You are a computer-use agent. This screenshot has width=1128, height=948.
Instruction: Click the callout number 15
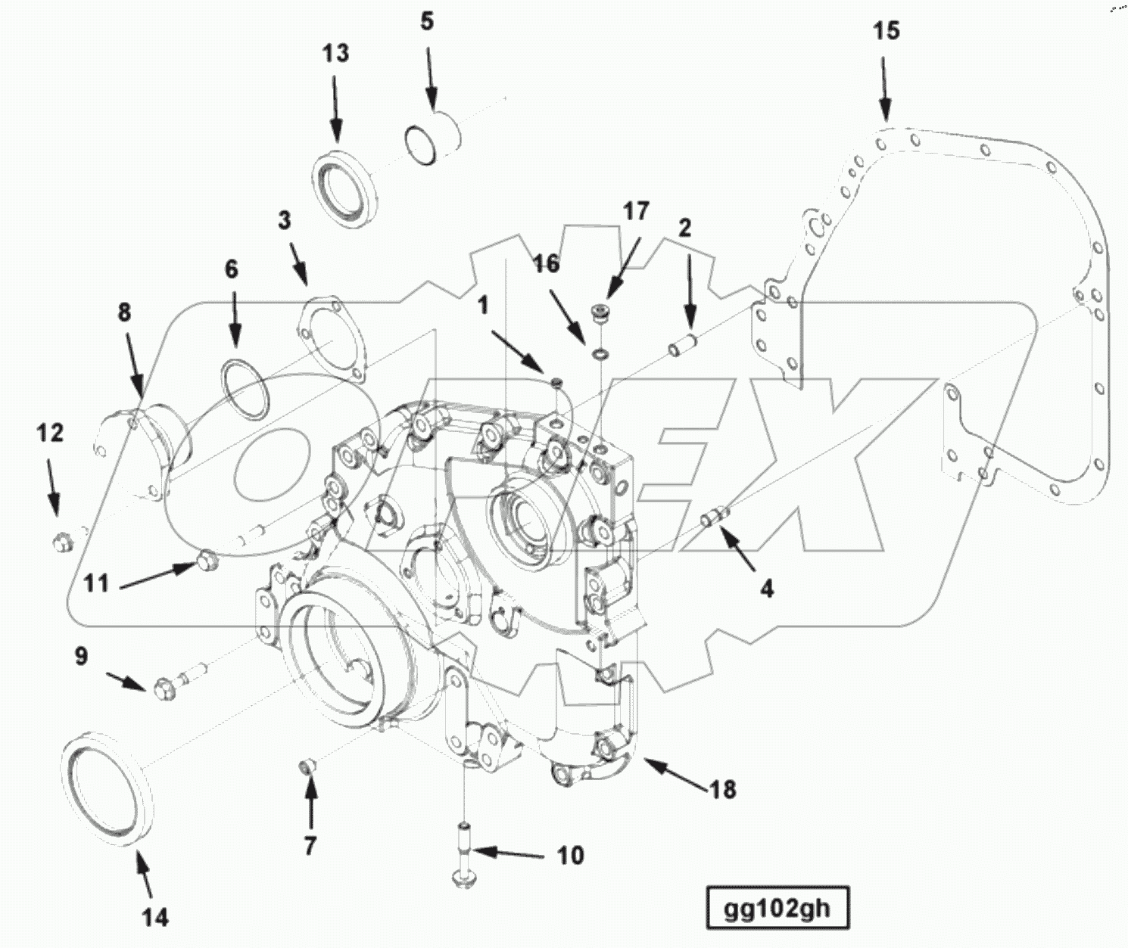pyautogui.click(x=886, y=31)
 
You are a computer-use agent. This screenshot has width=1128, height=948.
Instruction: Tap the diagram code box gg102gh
pyautogui.click(x=777, y=908)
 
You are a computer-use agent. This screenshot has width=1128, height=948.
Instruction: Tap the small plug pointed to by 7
pyautogui.click(x=307, y=769)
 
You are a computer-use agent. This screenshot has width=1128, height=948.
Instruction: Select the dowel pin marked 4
pyautogui.click(x=715, y=517)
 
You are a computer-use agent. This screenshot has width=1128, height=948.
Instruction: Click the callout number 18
pyautogui.click(x=723, y=789)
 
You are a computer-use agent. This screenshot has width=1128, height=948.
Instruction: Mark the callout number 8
pyautogui.click(x=124, y=312)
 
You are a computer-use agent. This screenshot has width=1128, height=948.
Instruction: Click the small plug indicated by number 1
pyautogui.click(x=557, y=383)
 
